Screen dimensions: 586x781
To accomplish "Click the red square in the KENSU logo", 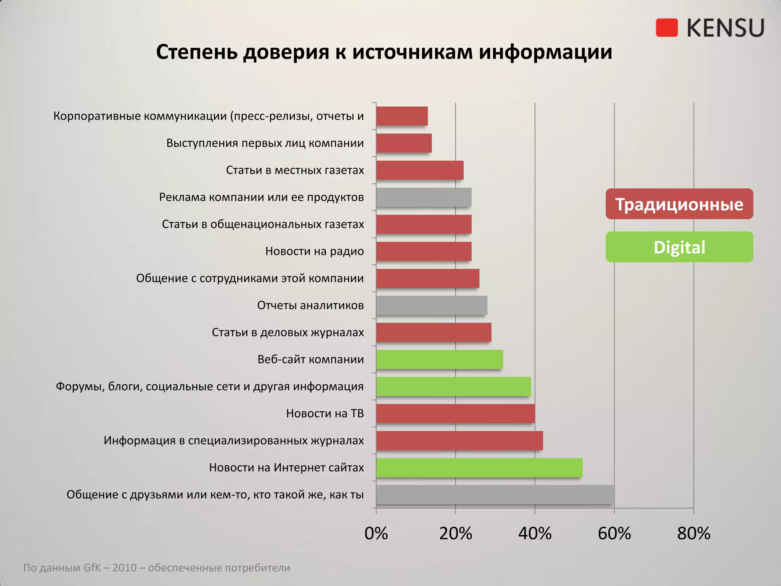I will [x=667, y=28].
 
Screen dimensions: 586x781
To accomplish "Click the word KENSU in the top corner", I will [x=725, y=28].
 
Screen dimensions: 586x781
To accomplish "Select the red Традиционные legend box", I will [x=679, y=204].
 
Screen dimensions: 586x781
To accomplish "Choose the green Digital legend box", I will [x=679, y=247].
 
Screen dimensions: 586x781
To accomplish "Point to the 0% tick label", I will [x=376, y=533].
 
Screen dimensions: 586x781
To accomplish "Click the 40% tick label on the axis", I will [x=535, y=533].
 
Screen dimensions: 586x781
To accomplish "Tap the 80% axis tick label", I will [x=693, y=533].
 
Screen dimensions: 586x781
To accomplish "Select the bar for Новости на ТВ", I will [x=455, y=414].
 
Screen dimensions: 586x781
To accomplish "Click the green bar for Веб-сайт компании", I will [x=439, y=359].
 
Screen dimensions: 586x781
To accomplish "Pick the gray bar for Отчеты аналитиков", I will [x=431, y=305].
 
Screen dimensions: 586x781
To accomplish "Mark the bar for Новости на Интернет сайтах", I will [x=479, y=468].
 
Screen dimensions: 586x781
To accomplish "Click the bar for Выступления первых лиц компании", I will [x=404, y=143].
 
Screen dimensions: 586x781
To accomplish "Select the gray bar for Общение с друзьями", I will [x=495, y=495].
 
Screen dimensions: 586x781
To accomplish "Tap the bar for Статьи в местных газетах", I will [x=419, y=170].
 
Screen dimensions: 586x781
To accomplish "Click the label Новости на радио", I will [x=315, y=251].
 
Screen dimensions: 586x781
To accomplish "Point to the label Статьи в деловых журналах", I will [x=288, y=333].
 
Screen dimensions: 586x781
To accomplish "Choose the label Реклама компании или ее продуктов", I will [x=262, y=197].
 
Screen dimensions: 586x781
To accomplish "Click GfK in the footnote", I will [x=92, y=568].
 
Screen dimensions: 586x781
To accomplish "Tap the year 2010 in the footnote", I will [x=124, y=568].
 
